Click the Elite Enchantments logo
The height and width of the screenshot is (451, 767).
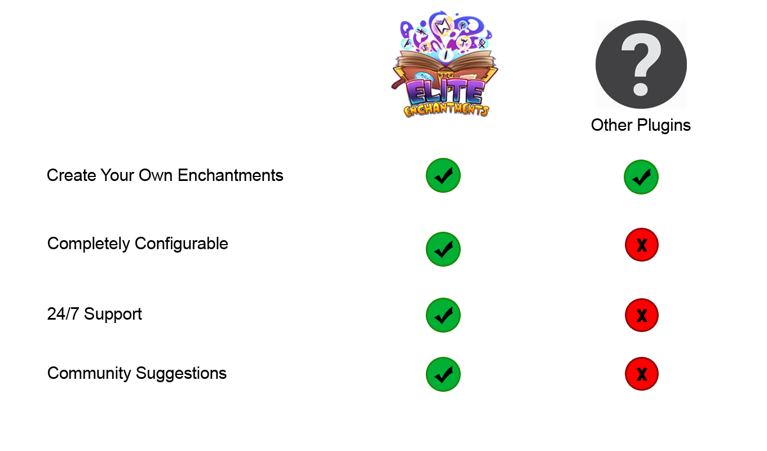[444, 64]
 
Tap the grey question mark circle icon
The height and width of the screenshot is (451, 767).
[641, 64]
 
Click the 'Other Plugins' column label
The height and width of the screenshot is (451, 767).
[641, 125]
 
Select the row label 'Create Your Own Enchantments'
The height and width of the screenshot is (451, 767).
[165, 175]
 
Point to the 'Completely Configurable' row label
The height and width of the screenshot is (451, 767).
[138, 244]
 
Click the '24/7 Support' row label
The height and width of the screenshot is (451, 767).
[95, 314]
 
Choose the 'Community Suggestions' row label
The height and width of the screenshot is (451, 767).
[137, 373]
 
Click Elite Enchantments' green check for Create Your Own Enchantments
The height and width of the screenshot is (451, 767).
[443, 175]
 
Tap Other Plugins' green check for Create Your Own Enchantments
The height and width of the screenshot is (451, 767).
[641, 177]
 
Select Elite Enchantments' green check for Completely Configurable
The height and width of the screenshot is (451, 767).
[443, 249]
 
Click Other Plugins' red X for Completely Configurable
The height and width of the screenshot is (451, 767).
[642, 245]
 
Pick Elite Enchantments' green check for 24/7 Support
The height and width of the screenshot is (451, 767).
[443, 315]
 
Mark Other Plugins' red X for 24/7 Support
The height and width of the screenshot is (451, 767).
[642, 315]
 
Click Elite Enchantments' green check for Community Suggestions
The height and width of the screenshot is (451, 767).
[443, 374]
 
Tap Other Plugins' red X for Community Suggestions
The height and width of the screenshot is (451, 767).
[642, 374]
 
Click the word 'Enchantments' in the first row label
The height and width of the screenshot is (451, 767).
[231, 175]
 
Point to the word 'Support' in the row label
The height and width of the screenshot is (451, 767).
[113, 314]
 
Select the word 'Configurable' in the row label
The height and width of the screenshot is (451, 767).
[182, 244]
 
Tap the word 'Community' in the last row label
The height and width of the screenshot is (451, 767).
[89, 373]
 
